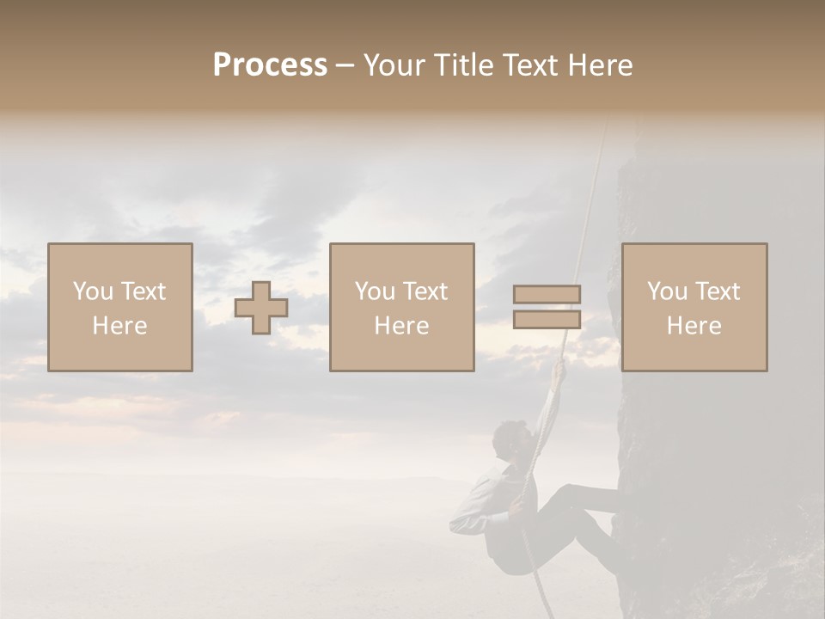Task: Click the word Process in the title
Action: [270, 65]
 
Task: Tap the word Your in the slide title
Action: [394, 65]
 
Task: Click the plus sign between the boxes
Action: [261, 308]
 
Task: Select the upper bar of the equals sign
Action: [547, 294]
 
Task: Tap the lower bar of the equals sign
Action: [547, 319]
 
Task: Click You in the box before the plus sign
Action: [92, 291]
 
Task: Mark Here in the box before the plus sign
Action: [119, 326]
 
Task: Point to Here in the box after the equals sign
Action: [694, 326]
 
